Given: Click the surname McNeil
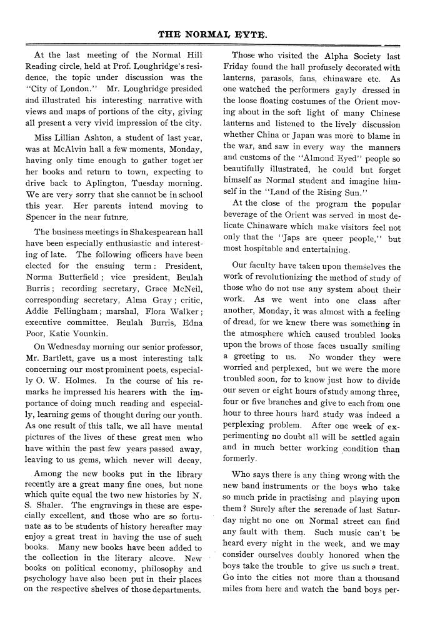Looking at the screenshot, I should click(x=183, y=289).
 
